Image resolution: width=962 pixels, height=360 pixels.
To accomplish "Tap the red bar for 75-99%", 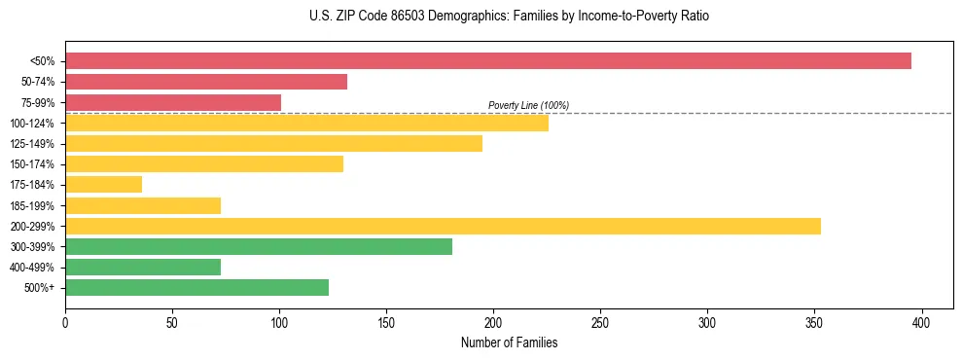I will pos(173,102).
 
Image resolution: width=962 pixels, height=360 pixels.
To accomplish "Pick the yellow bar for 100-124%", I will pos(306,123).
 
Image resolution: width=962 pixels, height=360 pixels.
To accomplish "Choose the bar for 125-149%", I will pos(273,143).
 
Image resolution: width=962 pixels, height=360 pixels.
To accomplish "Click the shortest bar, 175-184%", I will pos(103,184).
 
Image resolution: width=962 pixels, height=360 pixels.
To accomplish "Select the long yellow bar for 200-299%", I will pos(443,226).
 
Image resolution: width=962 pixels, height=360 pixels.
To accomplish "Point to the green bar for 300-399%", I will pos(259,246).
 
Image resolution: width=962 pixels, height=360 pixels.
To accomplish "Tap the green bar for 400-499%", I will pos(143,267).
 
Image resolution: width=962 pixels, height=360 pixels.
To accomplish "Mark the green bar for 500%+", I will pos(196,287).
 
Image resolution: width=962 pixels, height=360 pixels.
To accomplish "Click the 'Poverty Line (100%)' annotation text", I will pos(528,105).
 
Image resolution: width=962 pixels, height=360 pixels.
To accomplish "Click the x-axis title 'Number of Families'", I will pos(509,342).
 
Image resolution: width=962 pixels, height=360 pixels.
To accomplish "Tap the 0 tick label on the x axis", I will pos(65,322).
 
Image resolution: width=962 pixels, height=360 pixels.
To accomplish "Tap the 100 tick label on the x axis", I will pos(279,322).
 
